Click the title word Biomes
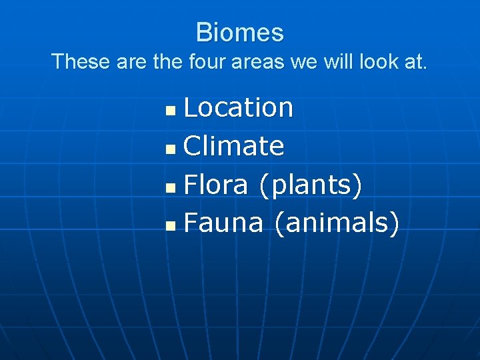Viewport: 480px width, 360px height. (x=240, y=32)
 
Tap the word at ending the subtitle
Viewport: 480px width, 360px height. (x=416, y=61)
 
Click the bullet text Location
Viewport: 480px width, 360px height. (x=238, y=107)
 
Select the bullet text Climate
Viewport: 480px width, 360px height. (x=233, y=146)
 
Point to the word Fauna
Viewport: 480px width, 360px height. (x=223, y=223)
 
